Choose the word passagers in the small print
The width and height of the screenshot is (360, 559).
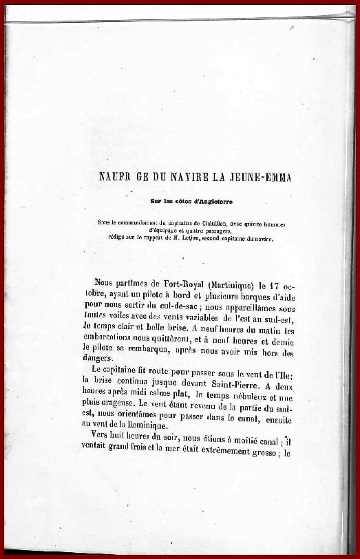click(x=234, y=231)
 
